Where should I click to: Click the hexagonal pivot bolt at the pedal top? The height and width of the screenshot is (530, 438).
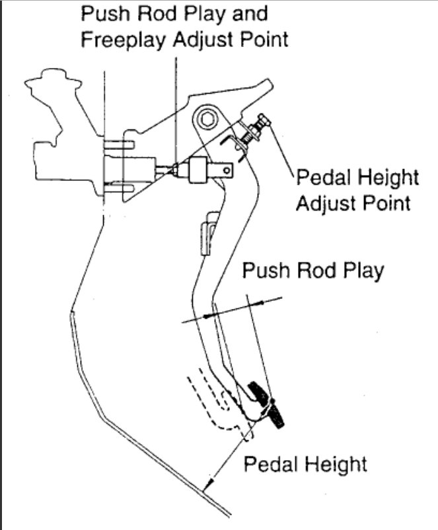(207, 119)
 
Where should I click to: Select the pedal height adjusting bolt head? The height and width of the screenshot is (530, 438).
(267, 122)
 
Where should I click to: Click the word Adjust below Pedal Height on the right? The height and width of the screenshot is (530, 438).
(328, 203)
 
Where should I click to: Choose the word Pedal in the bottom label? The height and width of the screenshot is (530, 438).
(270, 463)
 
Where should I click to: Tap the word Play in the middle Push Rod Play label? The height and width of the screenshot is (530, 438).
(359, 271)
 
